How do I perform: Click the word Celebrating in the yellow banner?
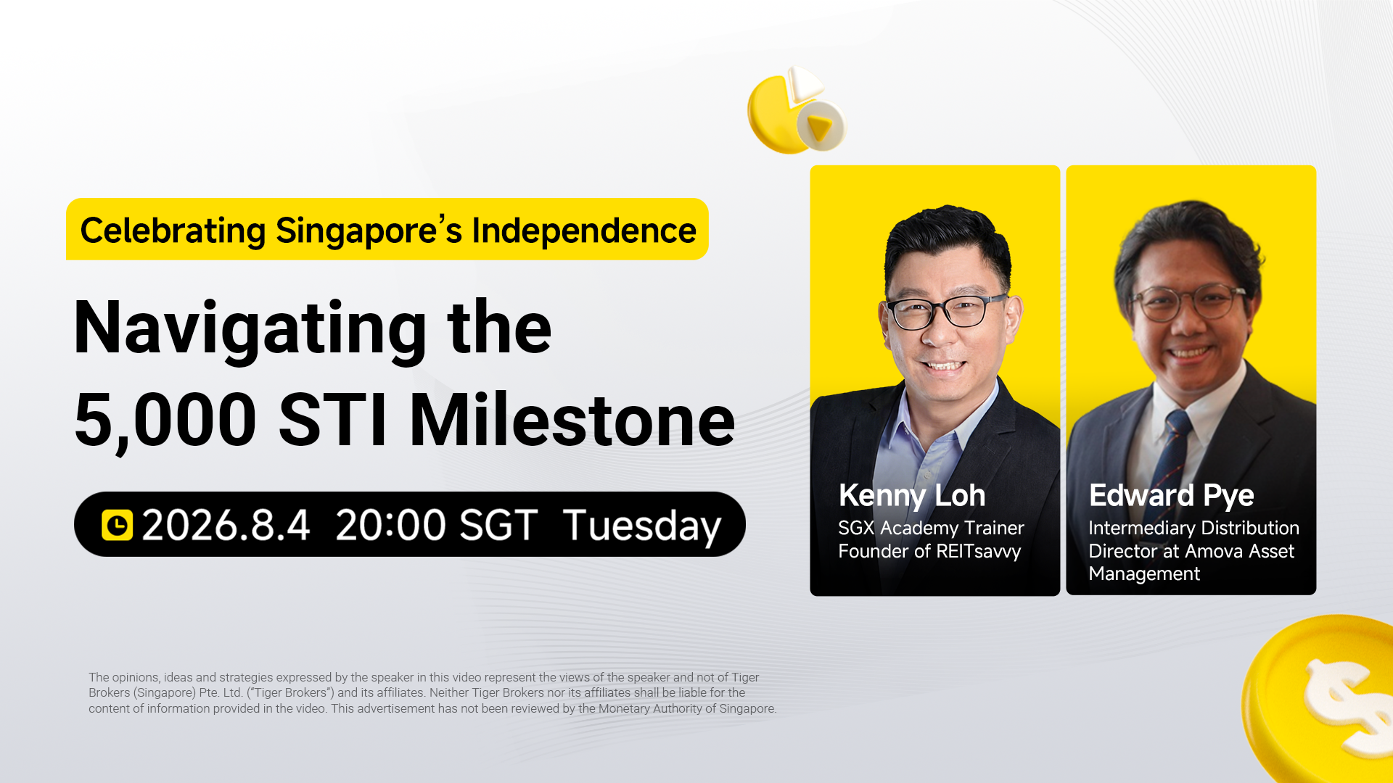[173, 231]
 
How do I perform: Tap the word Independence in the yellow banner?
[584, 231]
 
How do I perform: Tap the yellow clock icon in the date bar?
[117, 525]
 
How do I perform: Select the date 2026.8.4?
[226, 525]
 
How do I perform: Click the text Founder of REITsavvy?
[929, 552]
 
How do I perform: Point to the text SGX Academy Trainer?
[931, 529]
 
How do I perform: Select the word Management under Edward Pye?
[1144, 574]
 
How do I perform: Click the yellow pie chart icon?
[796, 110]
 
